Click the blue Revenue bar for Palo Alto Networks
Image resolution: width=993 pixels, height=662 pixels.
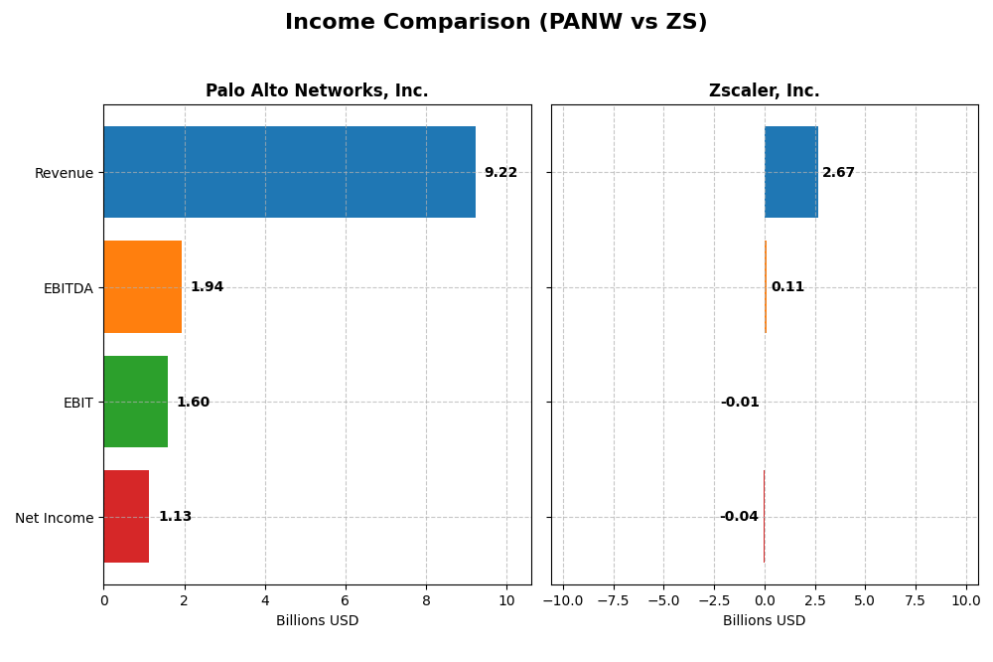click(289, 172)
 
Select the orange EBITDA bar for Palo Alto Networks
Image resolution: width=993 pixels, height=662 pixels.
click(142, 287)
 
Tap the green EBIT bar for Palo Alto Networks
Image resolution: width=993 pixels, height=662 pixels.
click(135, 402)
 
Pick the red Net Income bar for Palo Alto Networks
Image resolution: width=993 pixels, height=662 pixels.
click(126, 517)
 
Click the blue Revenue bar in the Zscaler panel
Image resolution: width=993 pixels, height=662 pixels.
click(790, 172)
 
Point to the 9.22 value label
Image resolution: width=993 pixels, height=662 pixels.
click(500, 173)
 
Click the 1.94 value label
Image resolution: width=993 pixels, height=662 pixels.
click(207, 287)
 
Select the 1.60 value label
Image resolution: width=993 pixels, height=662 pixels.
click(193, 403)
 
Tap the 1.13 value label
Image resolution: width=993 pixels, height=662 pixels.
click(175, 517)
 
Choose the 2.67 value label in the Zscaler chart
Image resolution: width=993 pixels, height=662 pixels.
click(838, 173)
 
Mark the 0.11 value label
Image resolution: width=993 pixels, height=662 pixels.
click(787, 287)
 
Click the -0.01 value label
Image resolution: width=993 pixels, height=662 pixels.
click(740, 403)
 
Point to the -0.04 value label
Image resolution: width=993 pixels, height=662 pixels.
click(739, 517)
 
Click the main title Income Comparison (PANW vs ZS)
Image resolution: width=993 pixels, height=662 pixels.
click(496, 22)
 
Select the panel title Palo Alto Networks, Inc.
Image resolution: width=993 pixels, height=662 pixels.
click(317, 91)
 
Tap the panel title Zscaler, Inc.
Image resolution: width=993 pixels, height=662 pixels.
click(764, 91)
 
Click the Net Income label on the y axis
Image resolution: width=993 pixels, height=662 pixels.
click(54, 518)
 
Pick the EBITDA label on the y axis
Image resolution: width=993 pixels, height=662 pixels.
click(68, 288)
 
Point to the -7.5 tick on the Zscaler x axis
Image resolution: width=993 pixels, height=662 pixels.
click(613, 600)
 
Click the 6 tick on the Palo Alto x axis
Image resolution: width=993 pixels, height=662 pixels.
click(346, 600)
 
